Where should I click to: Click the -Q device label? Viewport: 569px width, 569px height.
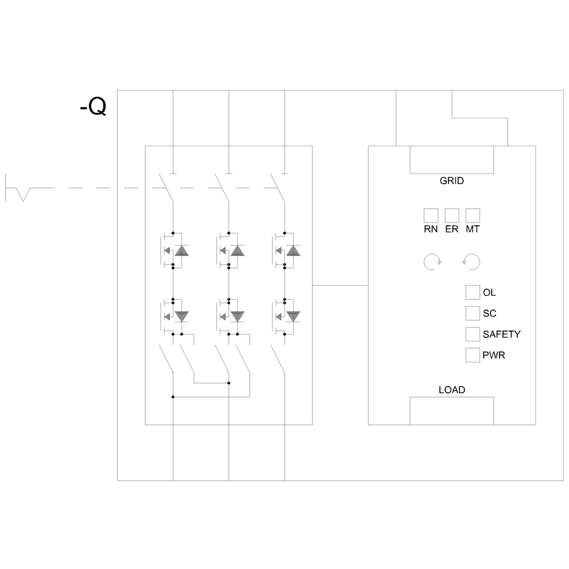click(x=93, y=107)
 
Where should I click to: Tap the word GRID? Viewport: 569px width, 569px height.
click(x=452, y=182)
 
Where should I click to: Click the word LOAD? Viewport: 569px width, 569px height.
click(x=452, y=390)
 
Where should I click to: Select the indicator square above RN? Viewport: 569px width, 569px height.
click(x=431, y=216)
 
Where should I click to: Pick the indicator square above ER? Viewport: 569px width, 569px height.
click(x=452, y=216)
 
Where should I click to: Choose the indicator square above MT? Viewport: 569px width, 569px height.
click(x=473, y=216)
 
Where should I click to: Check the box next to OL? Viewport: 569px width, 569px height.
click(x=473, y=292)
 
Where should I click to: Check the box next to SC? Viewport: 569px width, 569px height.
click(x=473, y=313)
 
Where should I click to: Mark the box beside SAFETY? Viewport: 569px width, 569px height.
click(x=473, y=334)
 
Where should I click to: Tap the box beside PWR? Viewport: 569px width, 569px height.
click(x=473, y=355)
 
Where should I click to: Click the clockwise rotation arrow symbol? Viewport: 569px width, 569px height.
click(x=432, y=262)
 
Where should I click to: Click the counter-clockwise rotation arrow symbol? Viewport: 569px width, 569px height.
click(x=472, y=262)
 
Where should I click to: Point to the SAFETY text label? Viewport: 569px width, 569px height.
click(x=501, y=335)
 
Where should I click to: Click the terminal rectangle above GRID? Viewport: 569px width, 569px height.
click(x=452, y=159)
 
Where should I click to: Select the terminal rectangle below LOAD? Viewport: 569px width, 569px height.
click(x=452, y=411)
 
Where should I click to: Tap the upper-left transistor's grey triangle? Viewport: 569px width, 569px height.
click(x=182, y=251)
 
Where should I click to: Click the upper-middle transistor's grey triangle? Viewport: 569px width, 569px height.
click(x=237, y=251)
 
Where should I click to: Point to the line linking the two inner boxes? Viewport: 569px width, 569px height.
click(x=340, y=284)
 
